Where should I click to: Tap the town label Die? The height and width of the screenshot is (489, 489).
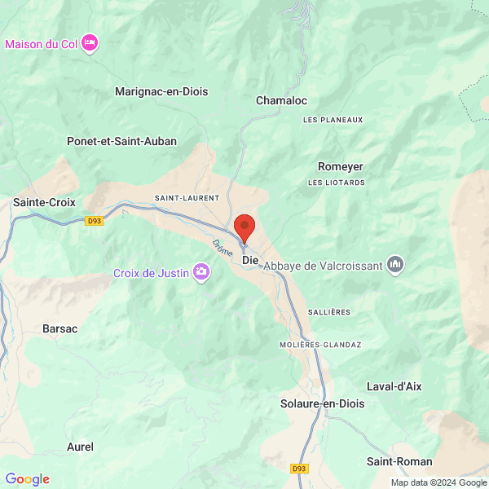pos(251,260)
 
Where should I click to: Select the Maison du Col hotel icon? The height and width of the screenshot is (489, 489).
pos(90,42)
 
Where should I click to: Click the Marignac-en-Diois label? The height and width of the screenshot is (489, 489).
pos(161,92)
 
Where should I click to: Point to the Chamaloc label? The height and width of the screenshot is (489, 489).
pos(281,100)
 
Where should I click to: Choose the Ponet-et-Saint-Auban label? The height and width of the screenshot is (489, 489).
pos(121,141)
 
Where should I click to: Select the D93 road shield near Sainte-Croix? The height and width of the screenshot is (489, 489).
pos(95,221)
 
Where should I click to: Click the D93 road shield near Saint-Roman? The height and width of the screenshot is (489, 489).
pos(300,469)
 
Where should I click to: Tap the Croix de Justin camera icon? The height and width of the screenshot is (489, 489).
pos(200,273)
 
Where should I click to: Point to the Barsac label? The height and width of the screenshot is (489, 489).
pos(59,328)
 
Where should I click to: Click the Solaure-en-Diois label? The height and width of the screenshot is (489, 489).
pos(322,403)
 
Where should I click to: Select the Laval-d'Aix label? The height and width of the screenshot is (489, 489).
pos(394,386)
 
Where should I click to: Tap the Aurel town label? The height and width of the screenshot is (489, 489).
pos(80,447)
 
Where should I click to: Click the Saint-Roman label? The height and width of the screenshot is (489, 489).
pos(399,461)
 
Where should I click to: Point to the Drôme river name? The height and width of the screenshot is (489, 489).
pos(222,247)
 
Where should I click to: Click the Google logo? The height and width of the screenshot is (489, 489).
pos(27,479)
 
